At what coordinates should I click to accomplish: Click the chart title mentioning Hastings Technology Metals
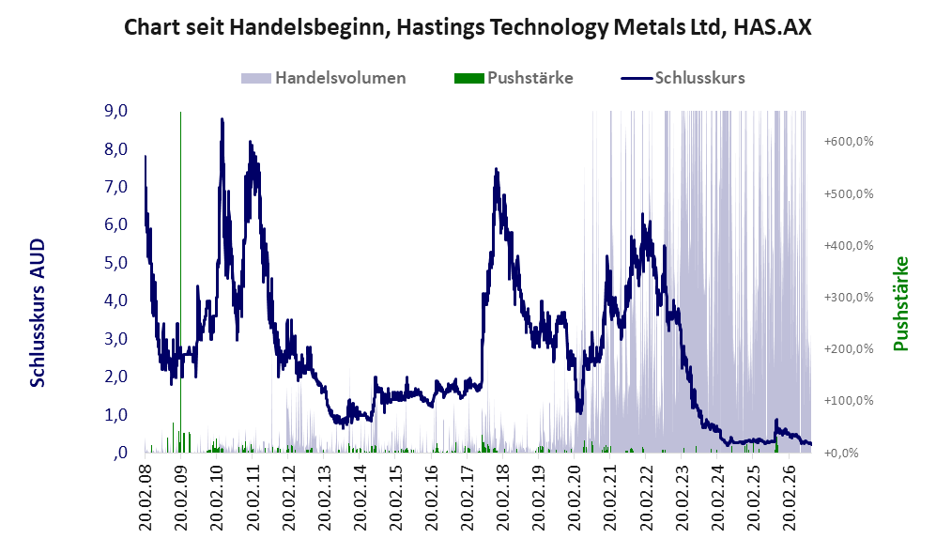468,27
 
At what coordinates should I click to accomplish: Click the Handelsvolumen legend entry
323,78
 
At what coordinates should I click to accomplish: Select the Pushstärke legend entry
514,78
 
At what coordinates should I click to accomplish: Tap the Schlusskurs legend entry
683,78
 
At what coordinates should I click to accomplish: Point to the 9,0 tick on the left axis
115,111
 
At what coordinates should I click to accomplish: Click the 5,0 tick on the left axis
115,263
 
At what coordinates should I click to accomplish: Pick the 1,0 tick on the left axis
115,415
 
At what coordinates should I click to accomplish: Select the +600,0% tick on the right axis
849,142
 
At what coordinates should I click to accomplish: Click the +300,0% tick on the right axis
849,298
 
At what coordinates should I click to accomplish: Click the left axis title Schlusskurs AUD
38,313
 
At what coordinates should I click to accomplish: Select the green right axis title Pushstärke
900,303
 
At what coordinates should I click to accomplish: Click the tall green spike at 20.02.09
181,281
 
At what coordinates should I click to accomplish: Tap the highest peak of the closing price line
222,119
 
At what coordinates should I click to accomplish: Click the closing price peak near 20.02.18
496,170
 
